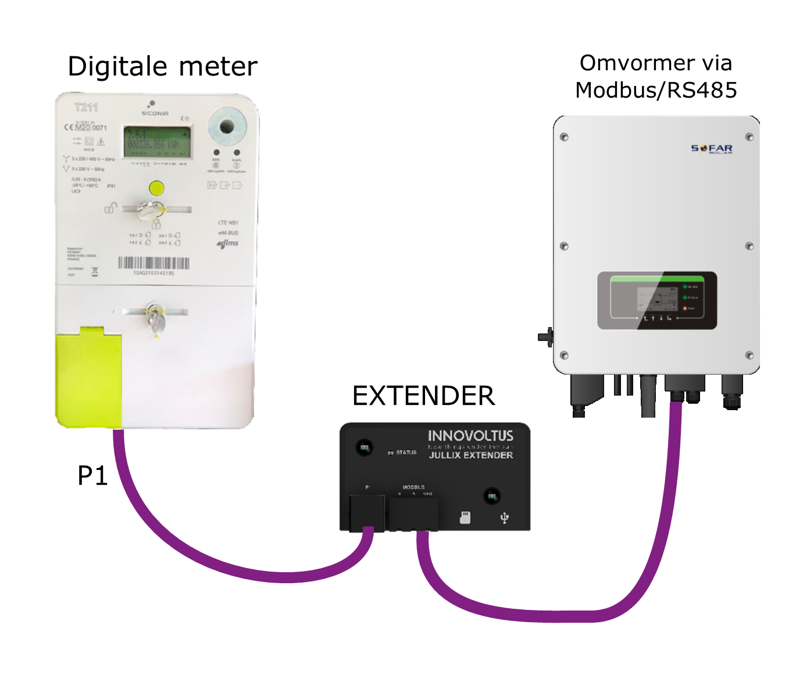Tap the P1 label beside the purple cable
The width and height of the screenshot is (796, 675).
[93, 476]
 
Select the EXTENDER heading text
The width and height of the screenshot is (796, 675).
[423, 396]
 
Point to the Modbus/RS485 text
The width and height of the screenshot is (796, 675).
[656, 90]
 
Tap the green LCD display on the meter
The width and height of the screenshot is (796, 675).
[157, 141]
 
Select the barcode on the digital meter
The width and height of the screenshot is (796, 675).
[154, 263]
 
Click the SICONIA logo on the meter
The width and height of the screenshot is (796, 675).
[155, 113]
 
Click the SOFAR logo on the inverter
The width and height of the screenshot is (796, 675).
[711, 149]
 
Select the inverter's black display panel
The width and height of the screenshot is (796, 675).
[657, 300]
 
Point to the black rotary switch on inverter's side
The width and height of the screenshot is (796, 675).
[545, 337]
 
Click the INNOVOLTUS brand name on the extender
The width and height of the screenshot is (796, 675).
[470, 436]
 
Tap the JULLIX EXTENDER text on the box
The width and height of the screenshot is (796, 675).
[471, 455]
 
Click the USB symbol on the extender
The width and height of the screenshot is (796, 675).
[504, 517]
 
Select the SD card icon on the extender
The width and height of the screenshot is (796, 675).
[465, 517]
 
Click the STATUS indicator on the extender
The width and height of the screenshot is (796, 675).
[402, 452]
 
